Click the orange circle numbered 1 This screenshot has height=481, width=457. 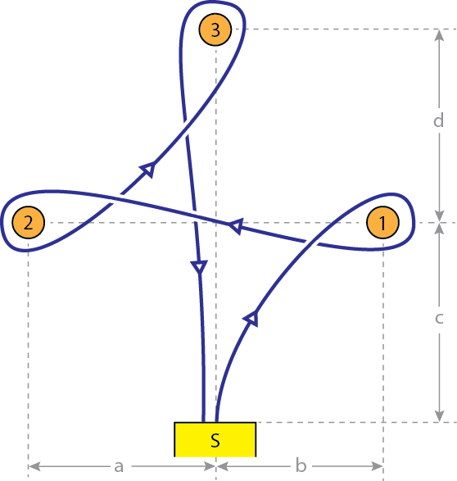[x=382, y=222]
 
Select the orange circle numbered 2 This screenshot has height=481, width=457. [x=29, y=222]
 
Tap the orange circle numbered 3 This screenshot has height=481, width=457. [x=215, y=29]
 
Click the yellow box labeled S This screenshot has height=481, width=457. [x=215, y=439]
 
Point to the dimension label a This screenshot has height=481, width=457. [x=119, y=466]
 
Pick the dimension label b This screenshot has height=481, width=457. [x=301, y=465]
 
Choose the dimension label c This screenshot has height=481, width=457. [x=439, y=318]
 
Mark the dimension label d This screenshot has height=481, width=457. [x=439, y=120]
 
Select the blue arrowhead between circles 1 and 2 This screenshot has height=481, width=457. [x=237, y=226]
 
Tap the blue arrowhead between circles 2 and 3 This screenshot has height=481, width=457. [x=148, y=169]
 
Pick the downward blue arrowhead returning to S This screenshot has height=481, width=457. [x=199, y=267]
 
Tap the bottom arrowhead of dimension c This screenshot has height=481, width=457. [x=440, y=416]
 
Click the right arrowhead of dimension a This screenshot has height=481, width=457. [x=210, y=466]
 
